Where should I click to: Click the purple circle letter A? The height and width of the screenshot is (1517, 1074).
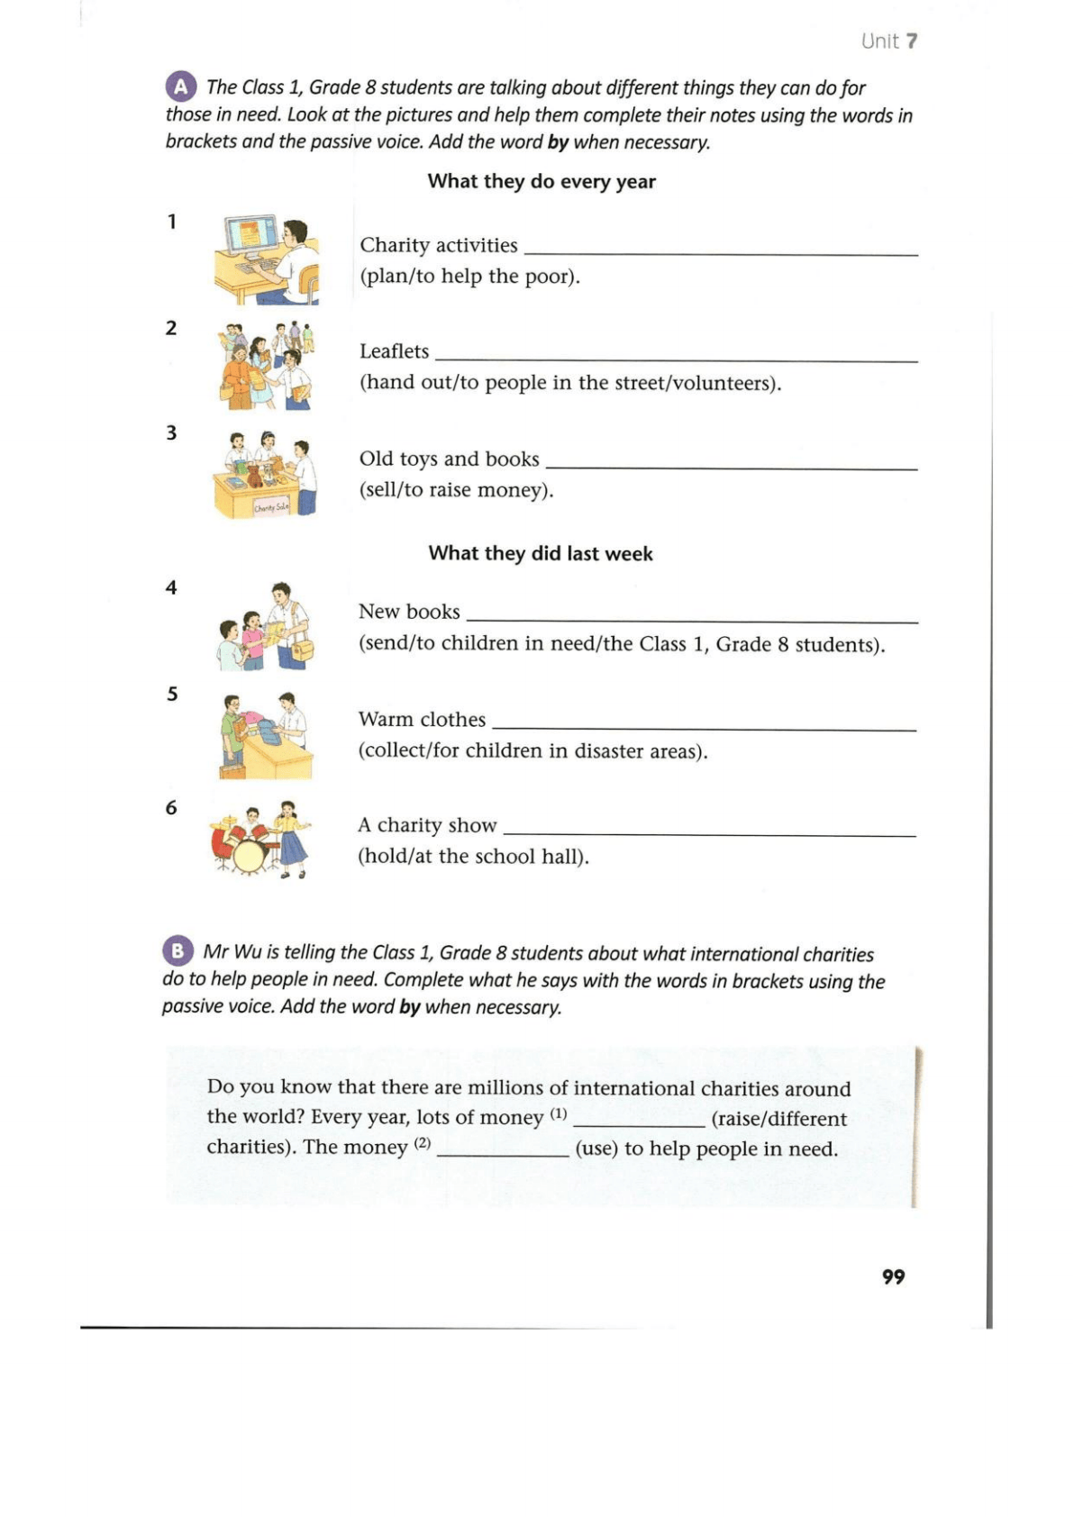click(x=180, y=86)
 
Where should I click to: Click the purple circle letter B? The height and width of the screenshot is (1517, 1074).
click(x=177, y=950)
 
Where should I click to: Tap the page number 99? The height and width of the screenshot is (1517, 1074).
click(x=893, y=1276)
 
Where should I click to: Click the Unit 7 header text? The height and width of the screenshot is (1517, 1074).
click(x=888, y=41)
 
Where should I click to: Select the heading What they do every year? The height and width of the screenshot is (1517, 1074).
click(x=542, y=181)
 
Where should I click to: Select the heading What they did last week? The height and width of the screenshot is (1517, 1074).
click(x=541, y=553)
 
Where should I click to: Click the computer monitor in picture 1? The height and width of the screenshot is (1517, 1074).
click(x=250, y=234)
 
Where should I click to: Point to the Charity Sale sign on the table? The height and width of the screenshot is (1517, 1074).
click(x=270, y=507)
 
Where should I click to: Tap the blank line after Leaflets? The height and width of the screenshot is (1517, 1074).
click(x=676, y=359)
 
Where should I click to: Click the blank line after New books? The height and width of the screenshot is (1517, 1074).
click(x=692, y=620)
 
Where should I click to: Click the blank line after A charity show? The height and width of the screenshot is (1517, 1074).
click(x=709, y=833)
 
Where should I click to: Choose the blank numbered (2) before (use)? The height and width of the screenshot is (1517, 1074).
click(x=503, y=1153)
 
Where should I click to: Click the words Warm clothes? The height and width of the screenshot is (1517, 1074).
click(x=422, y=719)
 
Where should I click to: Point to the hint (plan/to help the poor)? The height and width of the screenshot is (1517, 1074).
click(x=469, y=277)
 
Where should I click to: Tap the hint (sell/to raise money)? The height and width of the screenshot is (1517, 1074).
click(x=456, y=490)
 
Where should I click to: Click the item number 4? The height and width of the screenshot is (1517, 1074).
click(x=171, y=587)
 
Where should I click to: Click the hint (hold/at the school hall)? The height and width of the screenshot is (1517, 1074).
click(x=473, y=856)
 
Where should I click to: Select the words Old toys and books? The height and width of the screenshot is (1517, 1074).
click(x=449, y=459)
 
